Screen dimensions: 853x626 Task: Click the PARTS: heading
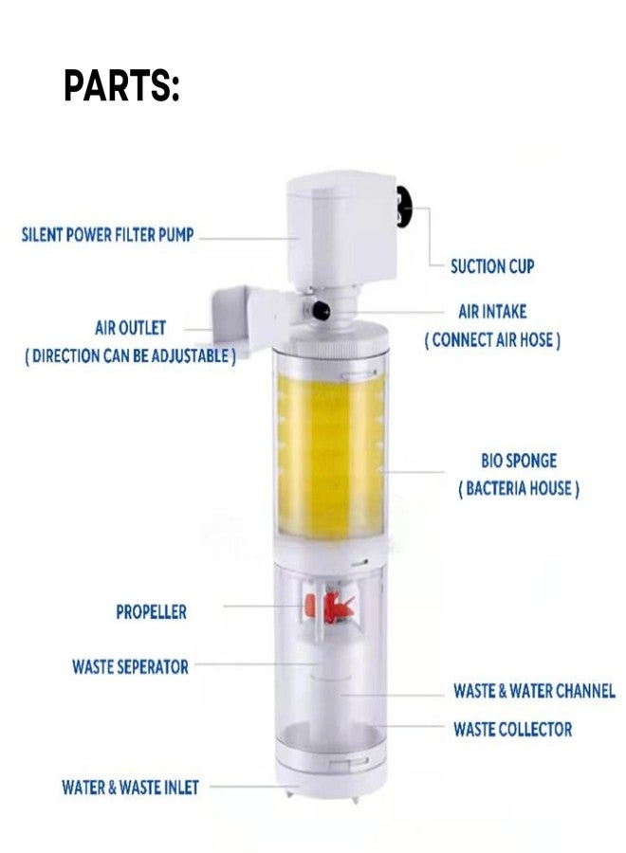(x=121, y=86)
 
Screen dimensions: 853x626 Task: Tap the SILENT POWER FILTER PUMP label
(x=107, y=234)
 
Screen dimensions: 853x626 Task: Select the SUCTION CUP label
(x=492, y=266)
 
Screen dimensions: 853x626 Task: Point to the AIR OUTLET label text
(x=130, y=328)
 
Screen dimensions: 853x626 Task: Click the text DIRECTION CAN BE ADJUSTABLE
(x=130, y=356)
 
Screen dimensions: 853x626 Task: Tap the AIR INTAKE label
(x=491, y=311)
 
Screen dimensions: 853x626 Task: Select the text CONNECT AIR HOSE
(x=491, y=340)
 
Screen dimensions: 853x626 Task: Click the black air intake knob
(x=321, y=309)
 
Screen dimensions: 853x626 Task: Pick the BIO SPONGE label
(x=518, y=461)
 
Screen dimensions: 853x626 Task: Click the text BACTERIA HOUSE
(x=518, y=489)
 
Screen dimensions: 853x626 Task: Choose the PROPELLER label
(x=151, y=612)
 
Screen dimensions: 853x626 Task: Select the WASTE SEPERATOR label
(x=130, y=666)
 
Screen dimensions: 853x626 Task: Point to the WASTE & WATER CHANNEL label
(x=533, y=691)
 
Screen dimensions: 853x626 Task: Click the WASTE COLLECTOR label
(x=512, y=729)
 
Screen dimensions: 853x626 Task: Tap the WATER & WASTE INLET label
(x=130, y=787)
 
